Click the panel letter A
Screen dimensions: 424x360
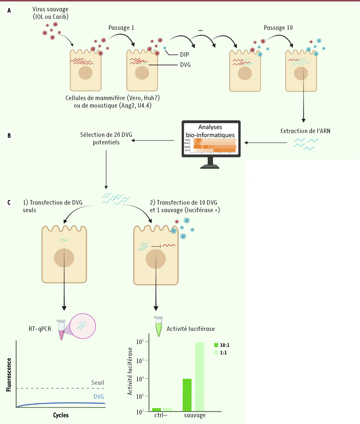pos(9,11)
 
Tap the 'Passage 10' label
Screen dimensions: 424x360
pos(278,28)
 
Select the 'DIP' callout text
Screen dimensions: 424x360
pos(184,55)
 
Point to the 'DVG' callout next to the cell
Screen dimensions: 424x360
pos(185,65)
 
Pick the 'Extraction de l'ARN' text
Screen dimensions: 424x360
pos(305,131)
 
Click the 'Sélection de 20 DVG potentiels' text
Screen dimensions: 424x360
pos(106,138)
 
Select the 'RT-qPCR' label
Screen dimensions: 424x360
pos(40,329)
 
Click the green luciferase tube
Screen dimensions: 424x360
pos(158,326)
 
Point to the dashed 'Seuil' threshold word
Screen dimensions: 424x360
pos(97,383)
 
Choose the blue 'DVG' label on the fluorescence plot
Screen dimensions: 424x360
pos(99,397)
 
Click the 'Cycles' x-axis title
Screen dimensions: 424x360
pos(61,415)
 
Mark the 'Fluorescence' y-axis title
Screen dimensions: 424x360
pos(9,375)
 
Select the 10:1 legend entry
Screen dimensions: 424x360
pos(222,345)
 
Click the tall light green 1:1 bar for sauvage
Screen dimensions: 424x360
pos(199,377)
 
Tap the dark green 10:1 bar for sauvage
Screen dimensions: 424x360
pos(187,395)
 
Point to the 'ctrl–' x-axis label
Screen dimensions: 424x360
pos(161,415)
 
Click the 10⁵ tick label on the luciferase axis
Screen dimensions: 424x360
pos(140,361)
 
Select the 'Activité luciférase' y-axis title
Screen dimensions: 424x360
pos(130,371)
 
